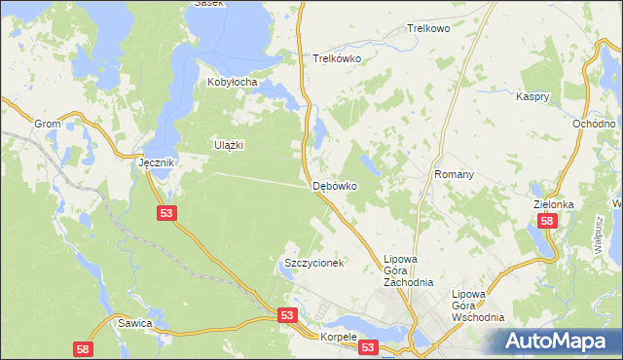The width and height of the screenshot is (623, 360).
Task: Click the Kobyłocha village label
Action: tap(232, 83)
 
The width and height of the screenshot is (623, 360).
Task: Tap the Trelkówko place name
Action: tap(337, 58)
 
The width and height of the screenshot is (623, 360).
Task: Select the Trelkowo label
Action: tap(428, 29)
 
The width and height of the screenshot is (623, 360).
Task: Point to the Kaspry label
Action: tap(534, 97)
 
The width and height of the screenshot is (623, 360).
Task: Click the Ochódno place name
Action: tap(594, 125)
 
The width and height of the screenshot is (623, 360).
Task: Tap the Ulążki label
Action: tap(228, 145)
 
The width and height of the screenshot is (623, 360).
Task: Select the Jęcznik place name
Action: tap(156, 163)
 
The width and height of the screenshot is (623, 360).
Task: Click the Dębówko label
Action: tap(335, 185)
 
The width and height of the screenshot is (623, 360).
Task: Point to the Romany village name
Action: tap(454, 175)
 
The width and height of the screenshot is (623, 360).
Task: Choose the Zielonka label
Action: tap(554, 205)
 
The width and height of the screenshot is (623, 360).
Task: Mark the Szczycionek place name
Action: tap(314, 264)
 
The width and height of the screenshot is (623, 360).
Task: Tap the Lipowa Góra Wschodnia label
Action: tap(479, 306)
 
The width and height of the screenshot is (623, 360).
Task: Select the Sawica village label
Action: tap(134, 322)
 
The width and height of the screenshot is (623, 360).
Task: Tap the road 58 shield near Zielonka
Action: tap(547, 222)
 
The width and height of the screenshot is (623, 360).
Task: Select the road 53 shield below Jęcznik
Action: tap(165, 212)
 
